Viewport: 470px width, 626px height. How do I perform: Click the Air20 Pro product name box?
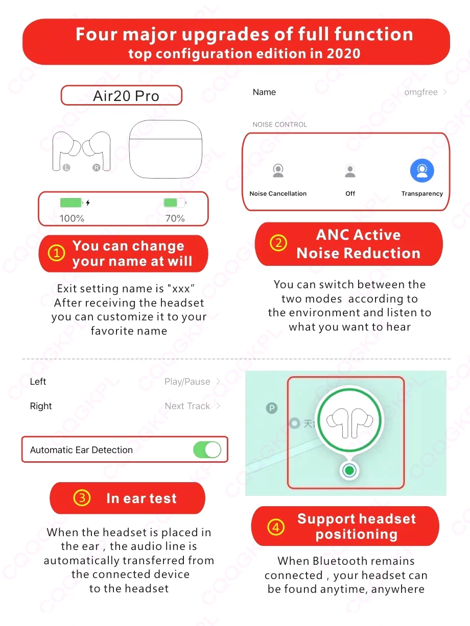coord(122,95)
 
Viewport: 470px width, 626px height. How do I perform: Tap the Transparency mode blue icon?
coord(422,171)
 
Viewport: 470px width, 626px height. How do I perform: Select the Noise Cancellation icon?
coord(278,171)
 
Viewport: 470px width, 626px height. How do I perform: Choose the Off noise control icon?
coord(350,171)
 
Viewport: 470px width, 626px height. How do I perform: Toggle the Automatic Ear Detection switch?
coord(207,450)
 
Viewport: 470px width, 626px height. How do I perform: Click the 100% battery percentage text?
coord(72,218)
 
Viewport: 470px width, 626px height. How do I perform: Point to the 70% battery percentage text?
coord(175,218)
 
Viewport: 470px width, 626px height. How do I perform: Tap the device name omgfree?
coord(420,92)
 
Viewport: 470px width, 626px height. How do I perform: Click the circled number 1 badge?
coord(56,253)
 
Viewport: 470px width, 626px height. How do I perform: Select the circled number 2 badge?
coord(278,243)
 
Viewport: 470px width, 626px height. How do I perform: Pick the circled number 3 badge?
coord(82,498)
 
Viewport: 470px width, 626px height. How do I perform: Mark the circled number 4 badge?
coord(276,527)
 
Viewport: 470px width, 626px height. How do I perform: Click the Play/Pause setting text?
coord(187,382)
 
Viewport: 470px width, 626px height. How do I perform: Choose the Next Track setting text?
coord(187,406)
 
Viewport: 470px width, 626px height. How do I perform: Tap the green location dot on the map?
coord(349,470)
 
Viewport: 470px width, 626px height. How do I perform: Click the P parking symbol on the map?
coord(272,408)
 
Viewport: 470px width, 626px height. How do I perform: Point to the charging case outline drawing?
coord(166,149)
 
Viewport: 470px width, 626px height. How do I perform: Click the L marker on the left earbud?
coord(66,167)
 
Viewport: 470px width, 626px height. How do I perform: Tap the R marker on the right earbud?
coord(96,167)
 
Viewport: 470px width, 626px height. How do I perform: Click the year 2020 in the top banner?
coord(341,54)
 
